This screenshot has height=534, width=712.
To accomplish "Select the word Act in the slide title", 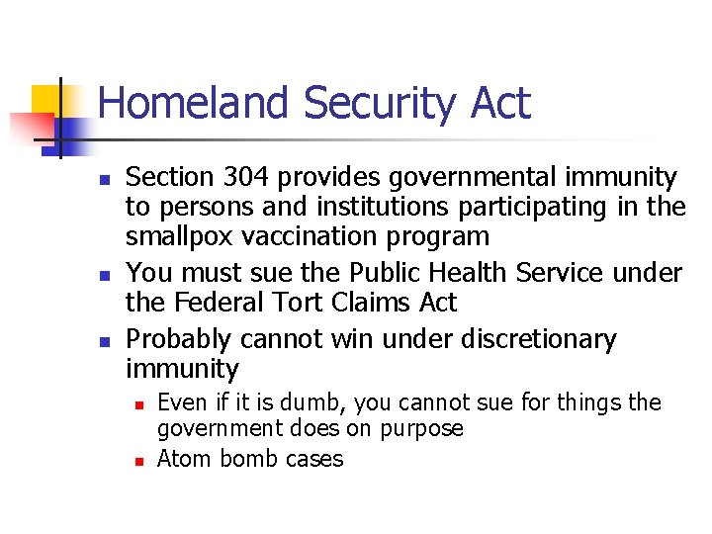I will coord(498,103).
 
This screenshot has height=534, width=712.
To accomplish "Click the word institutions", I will coord(382,208).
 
